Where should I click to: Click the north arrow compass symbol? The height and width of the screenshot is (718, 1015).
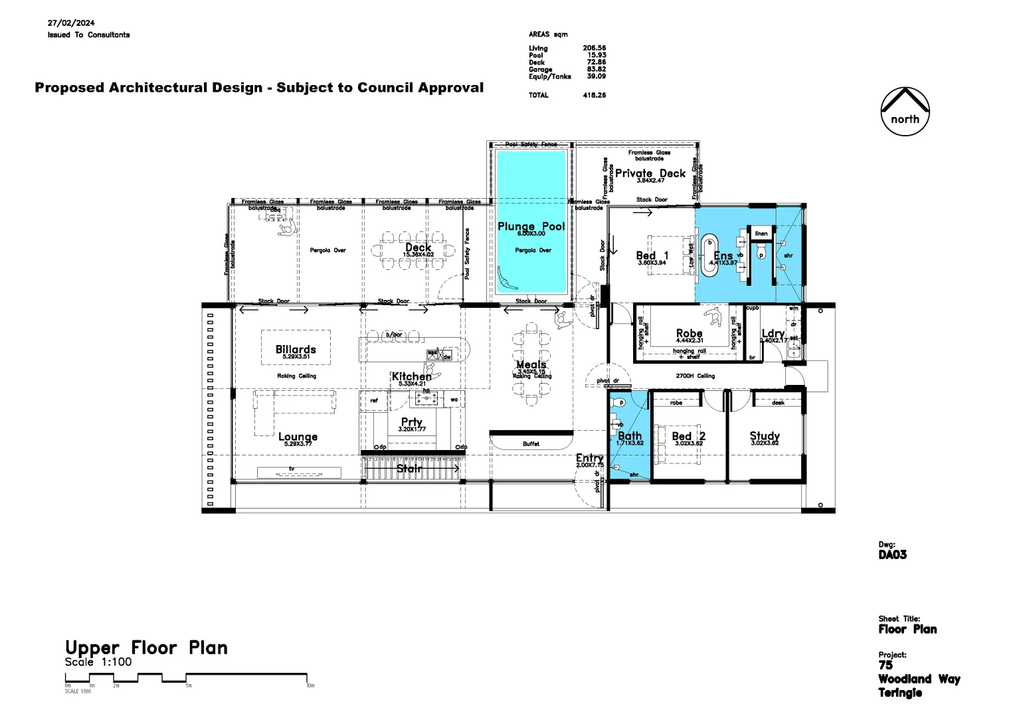(x=905, y=111)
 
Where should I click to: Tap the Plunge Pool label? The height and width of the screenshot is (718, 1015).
(x=531, y=226)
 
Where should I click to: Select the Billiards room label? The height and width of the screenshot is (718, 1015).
(x=296, y=349)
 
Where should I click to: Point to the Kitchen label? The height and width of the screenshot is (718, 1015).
(x=411, y=376)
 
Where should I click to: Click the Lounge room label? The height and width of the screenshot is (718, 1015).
(x=298, y=437)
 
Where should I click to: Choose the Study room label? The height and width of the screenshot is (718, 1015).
(x=765, y=436)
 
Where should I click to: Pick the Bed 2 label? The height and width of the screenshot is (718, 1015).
(x=688, y=436)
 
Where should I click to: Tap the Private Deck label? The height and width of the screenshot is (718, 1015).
(x=650, y=173)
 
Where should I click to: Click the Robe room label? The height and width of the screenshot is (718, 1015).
(x=689, y=333)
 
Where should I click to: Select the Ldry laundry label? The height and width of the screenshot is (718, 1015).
(x=773, y=334)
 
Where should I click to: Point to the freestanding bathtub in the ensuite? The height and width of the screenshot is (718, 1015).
(x=710, y=252)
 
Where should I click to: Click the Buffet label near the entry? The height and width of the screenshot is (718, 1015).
(x=531, y=443)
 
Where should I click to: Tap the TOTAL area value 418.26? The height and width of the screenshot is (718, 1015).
(x=594, y=95)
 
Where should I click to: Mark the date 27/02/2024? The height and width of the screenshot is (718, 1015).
(x=71, y=23)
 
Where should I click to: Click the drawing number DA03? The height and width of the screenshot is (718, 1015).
(x=892, y=554)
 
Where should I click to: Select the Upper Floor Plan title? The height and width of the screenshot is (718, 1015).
(x=146, y=648)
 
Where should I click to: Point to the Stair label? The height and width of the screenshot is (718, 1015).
(x=409, y=469)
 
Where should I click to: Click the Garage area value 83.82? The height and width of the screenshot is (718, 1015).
(x=596, y=69)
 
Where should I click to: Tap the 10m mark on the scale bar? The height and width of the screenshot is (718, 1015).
(x=310, y=685)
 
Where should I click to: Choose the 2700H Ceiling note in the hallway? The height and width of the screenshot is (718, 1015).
(x=695, y=376)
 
